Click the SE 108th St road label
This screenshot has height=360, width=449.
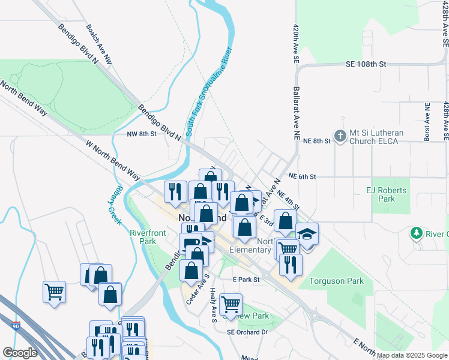pos(366,64)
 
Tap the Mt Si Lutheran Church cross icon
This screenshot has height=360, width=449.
pos(340,136)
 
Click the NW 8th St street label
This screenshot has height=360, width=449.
pos(141,134)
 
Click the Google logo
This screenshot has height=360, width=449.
pos(20,353)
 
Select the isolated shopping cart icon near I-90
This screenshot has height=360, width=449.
pos(54,292)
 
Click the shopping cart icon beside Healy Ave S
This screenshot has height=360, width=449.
pos(231,304)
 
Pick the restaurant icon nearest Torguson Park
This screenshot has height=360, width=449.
pos(291,265)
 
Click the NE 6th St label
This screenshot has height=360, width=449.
pos(301,176)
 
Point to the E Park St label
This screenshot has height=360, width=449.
pos(247,280)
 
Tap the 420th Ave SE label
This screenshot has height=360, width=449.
pos(296,45)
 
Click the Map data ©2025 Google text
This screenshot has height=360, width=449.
pos(412,355)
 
